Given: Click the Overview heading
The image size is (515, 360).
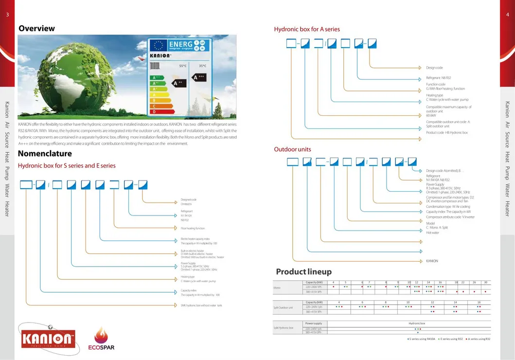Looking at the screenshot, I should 36,28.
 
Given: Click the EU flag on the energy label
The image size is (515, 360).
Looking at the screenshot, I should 158,45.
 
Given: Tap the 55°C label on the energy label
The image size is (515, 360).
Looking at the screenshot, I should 183,66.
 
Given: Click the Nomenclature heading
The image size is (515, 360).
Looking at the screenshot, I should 45,154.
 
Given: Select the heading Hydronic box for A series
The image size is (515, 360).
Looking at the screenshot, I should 307,29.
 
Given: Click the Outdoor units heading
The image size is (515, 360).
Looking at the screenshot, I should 292,149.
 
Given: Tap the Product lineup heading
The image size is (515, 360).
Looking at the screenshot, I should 303,271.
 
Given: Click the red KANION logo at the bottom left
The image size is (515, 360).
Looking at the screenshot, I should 48,336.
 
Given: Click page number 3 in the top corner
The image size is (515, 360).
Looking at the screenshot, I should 7,15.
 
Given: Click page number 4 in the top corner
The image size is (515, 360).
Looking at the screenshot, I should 507,15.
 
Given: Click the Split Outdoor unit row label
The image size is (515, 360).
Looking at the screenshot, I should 283,307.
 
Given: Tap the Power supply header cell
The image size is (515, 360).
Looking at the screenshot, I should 313,323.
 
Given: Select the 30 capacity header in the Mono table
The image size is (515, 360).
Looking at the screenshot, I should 485,282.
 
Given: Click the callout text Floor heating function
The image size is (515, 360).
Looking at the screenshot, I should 193,228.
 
